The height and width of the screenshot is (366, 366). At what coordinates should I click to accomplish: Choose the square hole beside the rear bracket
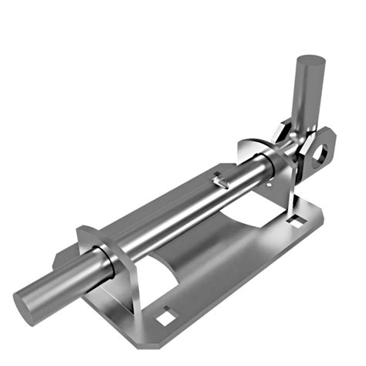pyautogui.click(x=294, y=222)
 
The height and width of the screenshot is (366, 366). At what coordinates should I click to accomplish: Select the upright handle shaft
pyautogui.click(x=308, y=93)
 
